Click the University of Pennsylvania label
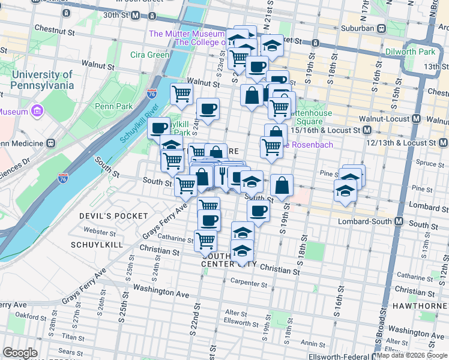(42, 80)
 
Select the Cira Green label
(149, 55)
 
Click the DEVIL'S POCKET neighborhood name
(113, 215)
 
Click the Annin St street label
(312, 343)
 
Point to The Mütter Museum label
(186, 34)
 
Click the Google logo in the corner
(20, 353)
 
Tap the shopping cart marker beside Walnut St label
(181, 93)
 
